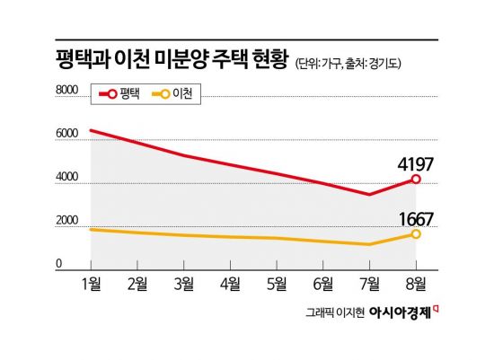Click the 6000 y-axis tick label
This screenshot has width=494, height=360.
pos(67,133)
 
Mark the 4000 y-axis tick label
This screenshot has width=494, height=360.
pos(67,176)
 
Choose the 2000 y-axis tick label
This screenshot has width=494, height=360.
pos(67,221)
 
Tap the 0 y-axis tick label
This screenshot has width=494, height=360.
pos(59,263)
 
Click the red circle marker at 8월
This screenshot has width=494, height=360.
pos(415,179)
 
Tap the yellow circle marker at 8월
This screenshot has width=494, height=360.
pos(415,233)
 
